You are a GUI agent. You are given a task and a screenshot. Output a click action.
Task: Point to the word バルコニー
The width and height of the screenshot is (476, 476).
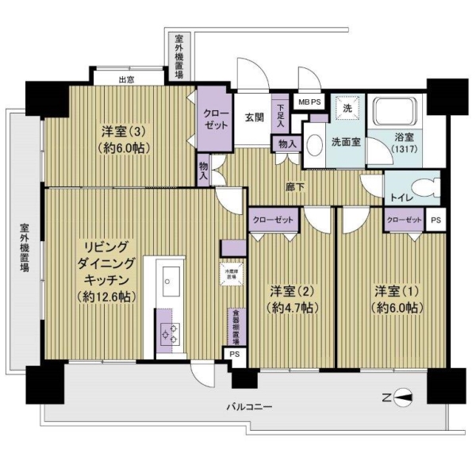(249, 406)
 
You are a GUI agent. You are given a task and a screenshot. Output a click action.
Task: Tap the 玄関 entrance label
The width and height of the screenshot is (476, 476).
(254, 118)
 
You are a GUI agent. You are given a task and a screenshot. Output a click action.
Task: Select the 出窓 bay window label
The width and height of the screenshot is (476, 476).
(126, 79)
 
